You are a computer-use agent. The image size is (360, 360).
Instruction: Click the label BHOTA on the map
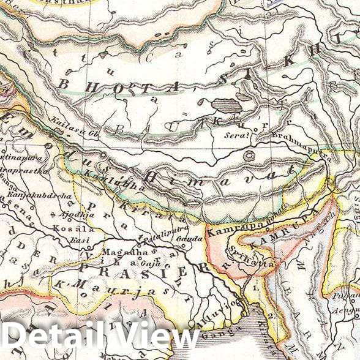tap(119, 86)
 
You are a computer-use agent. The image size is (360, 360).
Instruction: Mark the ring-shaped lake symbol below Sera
tap(249, 156)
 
